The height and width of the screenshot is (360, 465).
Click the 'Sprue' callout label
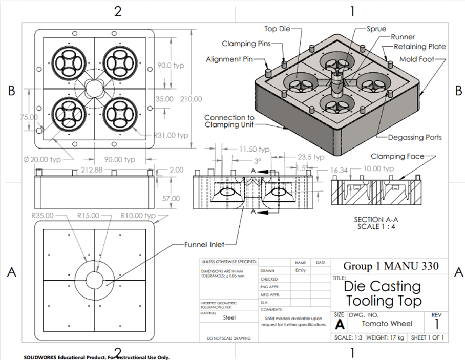pos(376,29)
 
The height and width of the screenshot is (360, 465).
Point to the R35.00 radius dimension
pos(42,216)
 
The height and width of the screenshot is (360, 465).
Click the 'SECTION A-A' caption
pos(374,220)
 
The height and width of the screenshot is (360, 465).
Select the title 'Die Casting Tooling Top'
pos(383,293)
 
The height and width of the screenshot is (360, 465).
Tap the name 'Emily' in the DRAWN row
pos(300,270)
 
